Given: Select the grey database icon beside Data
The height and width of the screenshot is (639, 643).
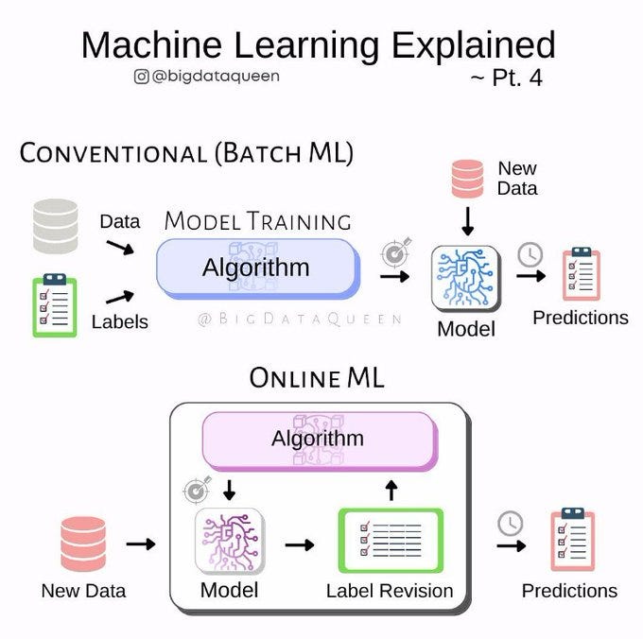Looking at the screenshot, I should [x=56, y=226].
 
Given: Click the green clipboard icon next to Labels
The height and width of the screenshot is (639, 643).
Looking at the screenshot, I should [x=56, y=305].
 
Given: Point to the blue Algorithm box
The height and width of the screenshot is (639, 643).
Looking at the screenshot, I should [x=256, y=268].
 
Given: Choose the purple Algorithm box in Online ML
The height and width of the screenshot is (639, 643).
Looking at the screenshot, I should [x=319, y=439].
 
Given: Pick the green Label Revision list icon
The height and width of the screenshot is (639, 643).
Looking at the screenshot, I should [x=390, y=542].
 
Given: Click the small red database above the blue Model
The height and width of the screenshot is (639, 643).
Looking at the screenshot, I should [x=466, y=179].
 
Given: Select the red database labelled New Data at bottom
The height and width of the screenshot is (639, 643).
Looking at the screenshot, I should [x=83, y=544].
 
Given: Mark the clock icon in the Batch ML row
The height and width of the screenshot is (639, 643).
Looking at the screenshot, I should [x=530, y=254].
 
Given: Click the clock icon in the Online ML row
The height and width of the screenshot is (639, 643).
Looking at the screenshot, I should [x=511, y=523].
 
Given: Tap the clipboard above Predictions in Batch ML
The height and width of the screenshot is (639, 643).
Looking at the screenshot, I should [x=580, y=274].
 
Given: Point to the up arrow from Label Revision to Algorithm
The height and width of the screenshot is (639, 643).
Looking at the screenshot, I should [x=391, y=490].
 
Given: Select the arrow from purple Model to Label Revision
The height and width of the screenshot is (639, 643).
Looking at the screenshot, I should [x=300, y=544].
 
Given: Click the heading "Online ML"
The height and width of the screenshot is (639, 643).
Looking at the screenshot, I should [x=317, y=378].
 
